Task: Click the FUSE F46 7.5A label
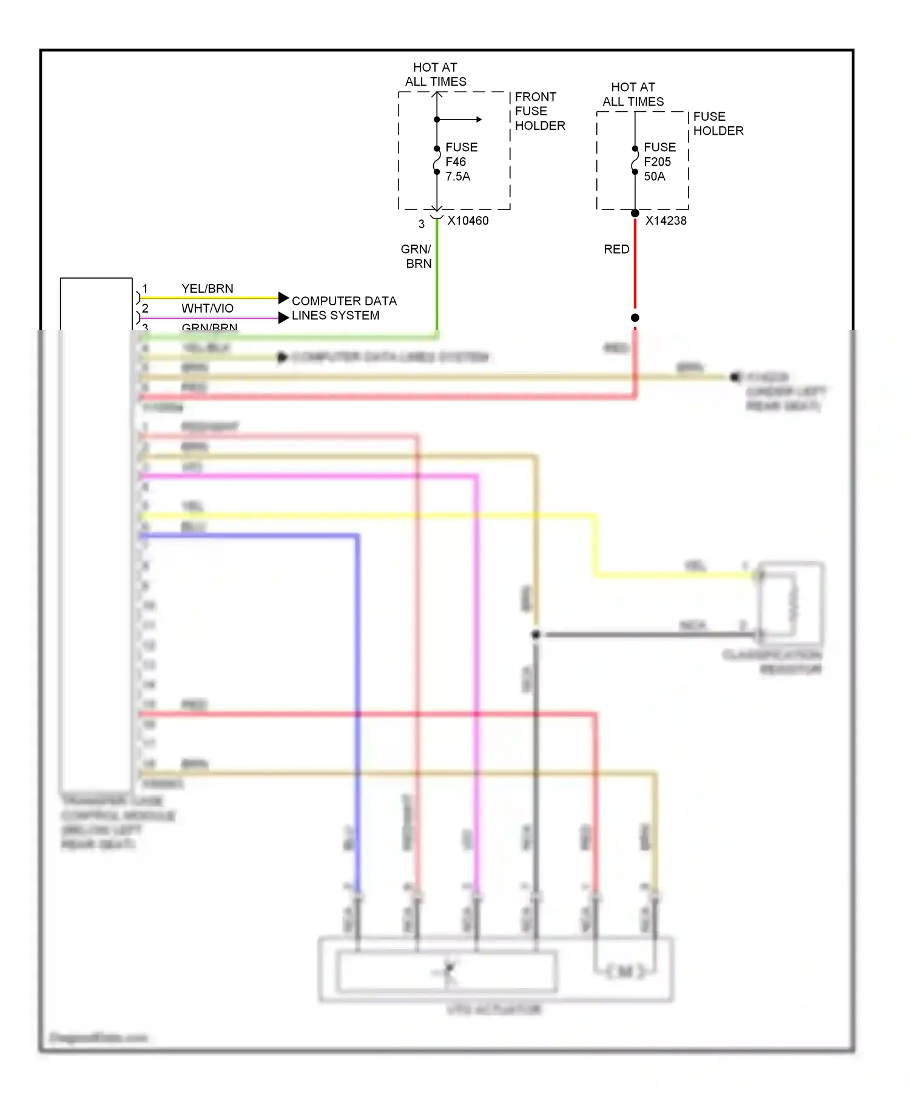point(460,161)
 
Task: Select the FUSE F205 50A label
point(659,161)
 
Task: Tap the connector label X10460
point(468,221)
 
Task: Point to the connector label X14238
point(666,221)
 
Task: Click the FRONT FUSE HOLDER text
point(539,111)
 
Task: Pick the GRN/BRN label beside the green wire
point(417,256)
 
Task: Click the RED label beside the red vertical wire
point(616,249)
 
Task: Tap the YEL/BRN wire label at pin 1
point(207,289)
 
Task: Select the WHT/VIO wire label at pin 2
point(207,308)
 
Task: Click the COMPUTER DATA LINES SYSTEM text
point(343,308)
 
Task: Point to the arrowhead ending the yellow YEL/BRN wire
point(283,297)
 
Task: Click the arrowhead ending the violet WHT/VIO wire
point(283,317)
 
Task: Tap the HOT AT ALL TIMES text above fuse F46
point(436,75)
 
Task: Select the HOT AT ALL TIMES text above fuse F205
point(633,95)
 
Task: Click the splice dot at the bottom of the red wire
point(635,317)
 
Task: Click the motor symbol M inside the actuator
point(625,972)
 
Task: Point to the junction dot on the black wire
point(536,635)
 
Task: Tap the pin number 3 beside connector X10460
point(422,224)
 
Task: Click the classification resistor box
point(791,603)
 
